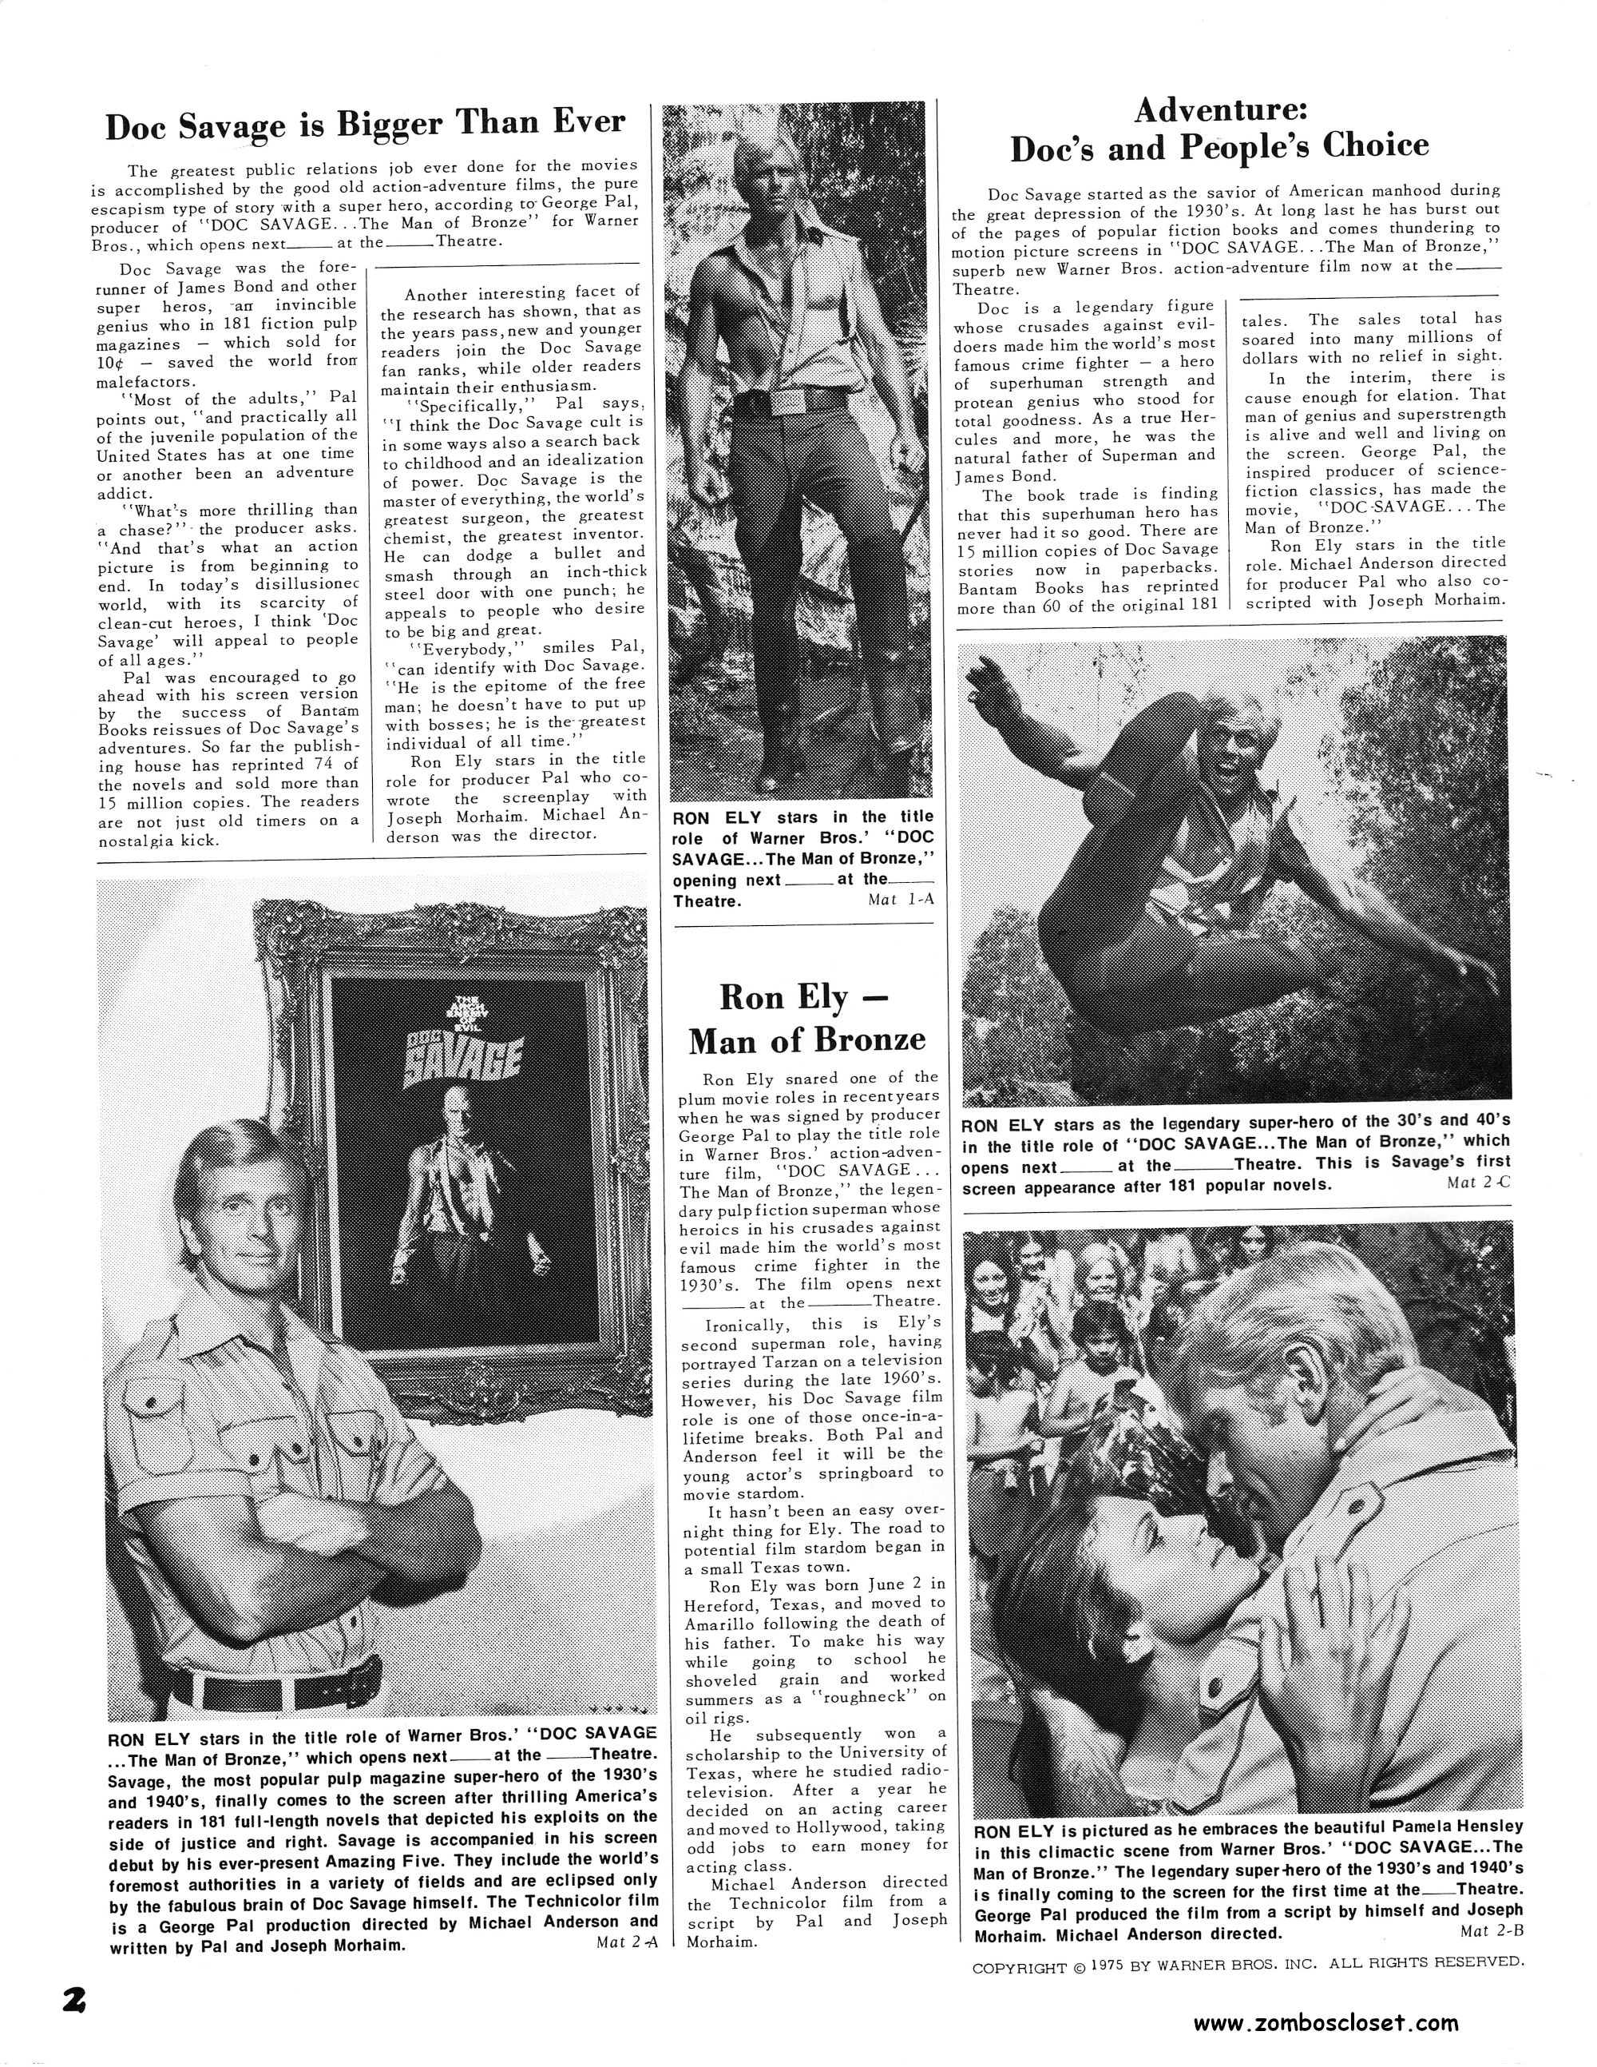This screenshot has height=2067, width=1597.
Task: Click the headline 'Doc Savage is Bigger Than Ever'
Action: tap(365, 124)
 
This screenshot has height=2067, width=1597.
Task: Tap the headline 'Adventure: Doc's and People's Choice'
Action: tap(1219, 129)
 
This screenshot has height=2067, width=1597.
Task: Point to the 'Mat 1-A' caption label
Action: tap(900, 899)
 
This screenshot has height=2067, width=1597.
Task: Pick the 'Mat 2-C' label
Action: tap(1479, 1183)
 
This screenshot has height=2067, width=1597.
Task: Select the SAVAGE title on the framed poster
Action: tap(465, 1063)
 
